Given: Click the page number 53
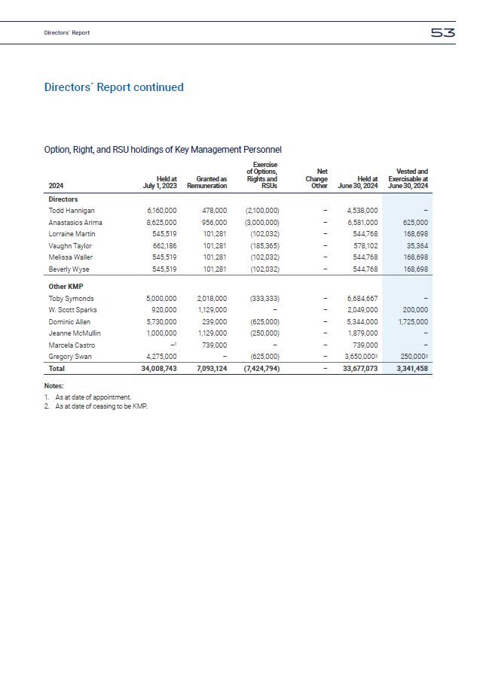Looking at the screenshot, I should [442, 32].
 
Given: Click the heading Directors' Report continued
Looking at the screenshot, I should [114, 87].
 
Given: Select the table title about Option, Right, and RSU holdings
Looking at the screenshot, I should [163, 151].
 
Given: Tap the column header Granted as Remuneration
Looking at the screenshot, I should [206, 181].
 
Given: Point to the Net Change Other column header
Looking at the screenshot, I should [316, 178].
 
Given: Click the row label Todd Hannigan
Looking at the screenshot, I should [72, 211].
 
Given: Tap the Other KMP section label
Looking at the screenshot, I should [66, 287].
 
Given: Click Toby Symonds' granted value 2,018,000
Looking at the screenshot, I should [211, 299].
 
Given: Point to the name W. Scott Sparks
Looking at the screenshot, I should [72, 310].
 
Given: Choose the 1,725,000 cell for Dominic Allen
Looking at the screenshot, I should [411, 321].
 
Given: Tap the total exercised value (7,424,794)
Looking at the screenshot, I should [260, 369].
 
